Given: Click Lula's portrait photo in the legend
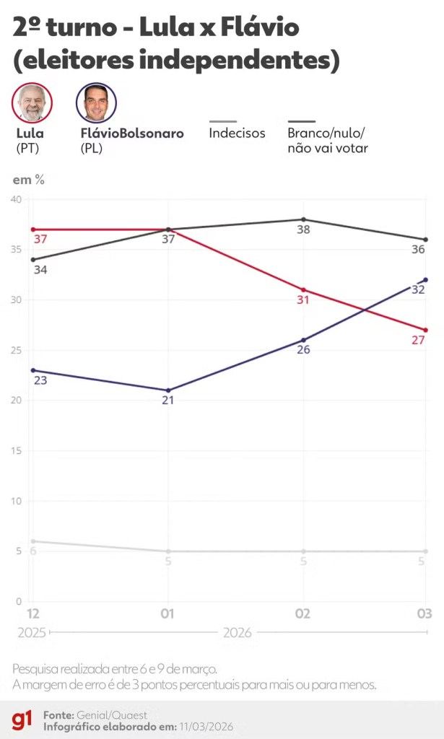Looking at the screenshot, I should click(32, 102).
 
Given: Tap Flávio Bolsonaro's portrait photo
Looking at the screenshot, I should click(96, 102).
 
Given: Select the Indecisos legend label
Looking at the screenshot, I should click(237, 134).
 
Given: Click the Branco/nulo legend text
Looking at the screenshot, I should click(328, 141).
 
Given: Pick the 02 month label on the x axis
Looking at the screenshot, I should click(303, 613).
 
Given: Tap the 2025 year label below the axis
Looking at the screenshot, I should click(31, 633).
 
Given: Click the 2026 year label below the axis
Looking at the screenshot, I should click(238, 633).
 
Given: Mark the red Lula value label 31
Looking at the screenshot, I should click(302, 299).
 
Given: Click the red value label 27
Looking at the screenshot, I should click(418, 340).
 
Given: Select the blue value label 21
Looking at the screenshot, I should click(167, 400).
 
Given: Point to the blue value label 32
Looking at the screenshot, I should click(418, 289).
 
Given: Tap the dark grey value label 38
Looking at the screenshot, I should click(303, 229).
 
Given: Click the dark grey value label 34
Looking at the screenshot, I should click(40, 269).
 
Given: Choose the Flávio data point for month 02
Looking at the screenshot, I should click(303, 340).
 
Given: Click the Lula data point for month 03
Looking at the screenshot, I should click(426, 330).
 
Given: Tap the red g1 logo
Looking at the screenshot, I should click(22, 720).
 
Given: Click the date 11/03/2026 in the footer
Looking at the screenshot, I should click(206, 726).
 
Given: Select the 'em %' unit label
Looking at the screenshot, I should click(29, 180).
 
